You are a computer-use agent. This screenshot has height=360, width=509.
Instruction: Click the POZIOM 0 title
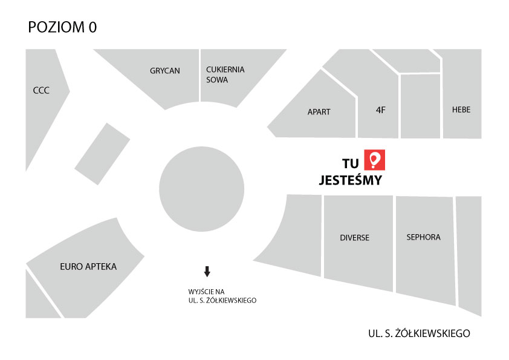click(62, 27)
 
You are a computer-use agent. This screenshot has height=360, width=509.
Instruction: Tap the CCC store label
click(41, 91)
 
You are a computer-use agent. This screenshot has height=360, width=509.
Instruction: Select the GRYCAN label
click(165, 71)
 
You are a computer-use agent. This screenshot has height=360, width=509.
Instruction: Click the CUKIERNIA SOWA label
click(225, 74)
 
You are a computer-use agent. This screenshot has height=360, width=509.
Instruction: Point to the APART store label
click(319, 112)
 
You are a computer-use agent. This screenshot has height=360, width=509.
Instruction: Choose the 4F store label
click(380, 110)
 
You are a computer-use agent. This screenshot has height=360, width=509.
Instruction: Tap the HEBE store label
click(461, 110)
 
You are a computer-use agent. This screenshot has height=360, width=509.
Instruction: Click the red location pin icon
click(374, 160)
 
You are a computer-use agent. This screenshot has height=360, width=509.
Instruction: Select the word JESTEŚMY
click(350, 180)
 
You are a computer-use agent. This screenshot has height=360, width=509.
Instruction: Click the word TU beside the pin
click(351, 162)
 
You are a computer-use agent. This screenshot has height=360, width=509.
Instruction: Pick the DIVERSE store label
click(354, 238)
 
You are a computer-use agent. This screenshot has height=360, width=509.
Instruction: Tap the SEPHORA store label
click(423, 237)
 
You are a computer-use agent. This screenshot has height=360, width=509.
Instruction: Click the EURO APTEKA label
click(88, 266)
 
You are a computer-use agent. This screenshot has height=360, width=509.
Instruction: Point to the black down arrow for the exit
click(207, 272)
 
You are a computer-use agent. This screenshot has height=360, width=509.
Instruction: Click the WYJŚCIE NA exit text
click(207, 291)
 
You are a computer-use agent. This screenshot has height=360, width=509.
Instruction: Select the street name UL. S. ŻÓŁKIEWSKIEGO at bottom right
click(418, 333)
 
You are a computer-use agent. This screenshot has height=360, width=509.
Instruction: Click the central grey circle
click(201, 188)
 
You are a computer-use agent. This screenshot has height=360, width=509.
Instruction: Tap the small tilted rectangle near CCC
click(102, 154)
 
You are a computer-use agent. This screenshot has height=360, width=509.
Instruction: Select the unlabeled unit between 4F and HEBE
click(420, 106)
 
